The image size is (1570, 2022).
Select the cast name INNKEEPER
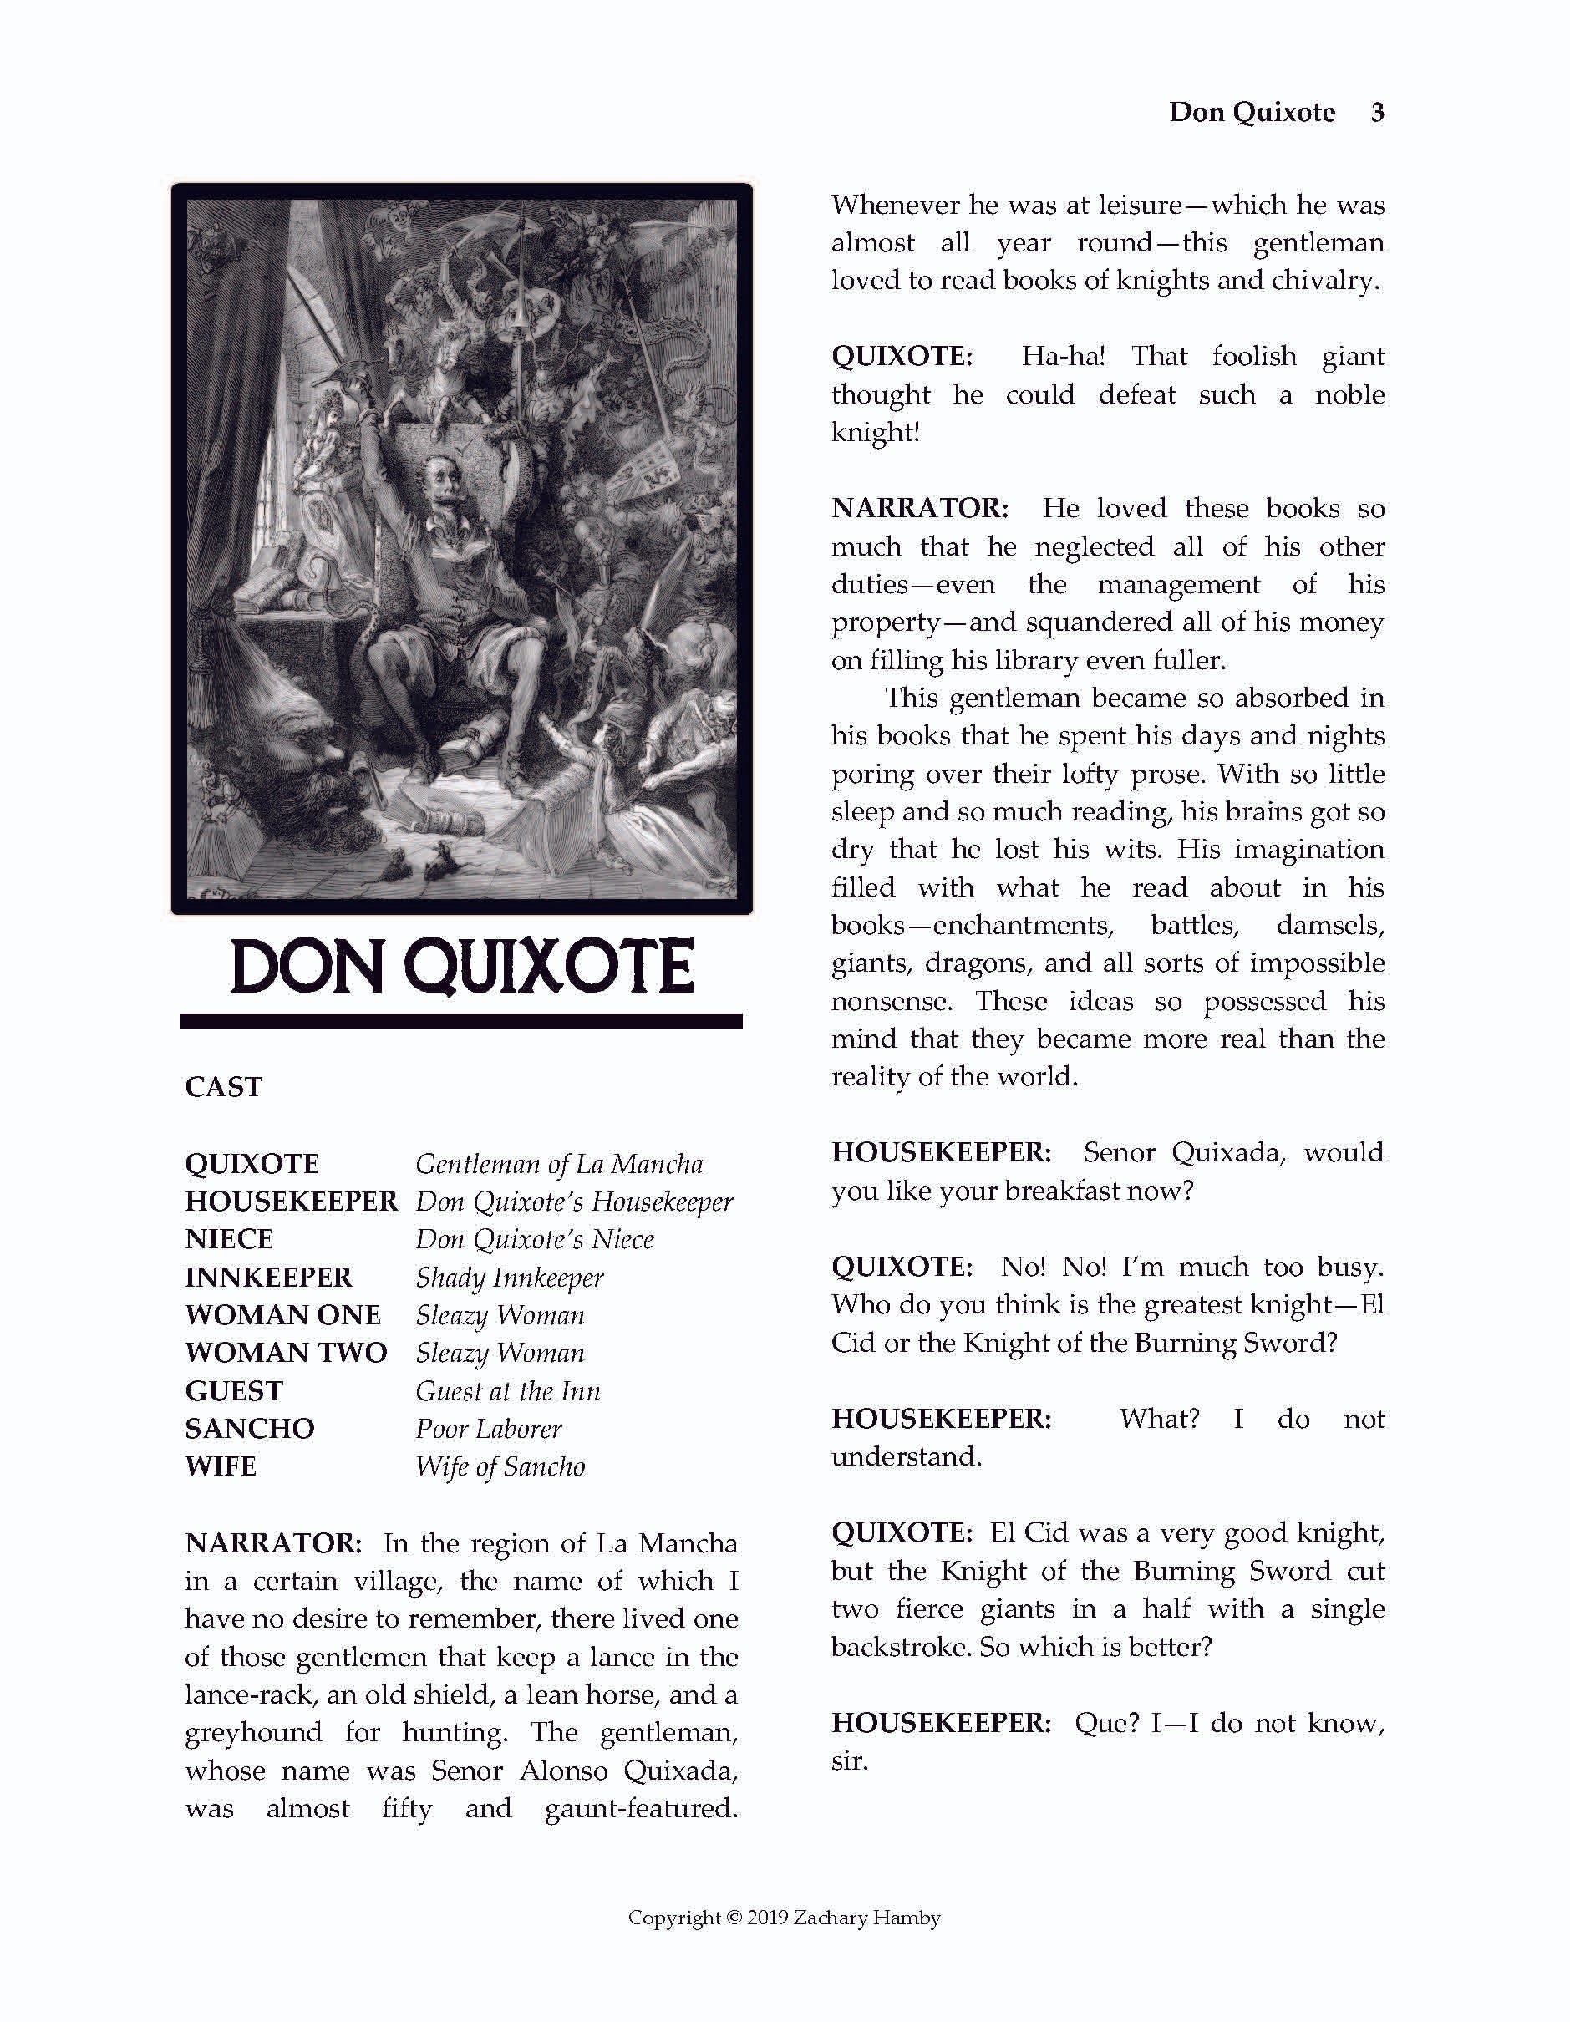[x=267, y=1277]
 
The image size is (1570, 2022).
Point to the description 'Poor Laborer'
[x=488, y=1429]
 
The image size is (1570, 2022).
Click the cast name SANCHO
[x=249, y=1429]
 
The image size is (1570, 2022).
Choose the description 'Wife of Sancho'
[x=500, y=1466]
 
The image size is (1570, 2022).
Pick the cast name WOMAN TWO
[x=285, y=1353]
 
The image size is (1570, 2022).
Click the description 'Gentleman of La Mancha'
[x=559, y=1164]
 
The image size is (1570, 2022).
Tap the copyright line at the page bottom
[x=784, y=1918]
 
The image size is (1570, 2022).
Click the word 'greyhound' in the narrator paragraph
[x=254, y=1732]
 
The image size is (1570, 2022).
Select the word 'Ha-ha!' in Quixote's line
[x=1063, y=357]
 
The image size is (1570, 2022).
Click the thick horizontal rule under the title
[x=461, y=1021]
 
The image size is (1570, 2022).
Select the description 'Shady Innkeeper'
[x=509, y=1278]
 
